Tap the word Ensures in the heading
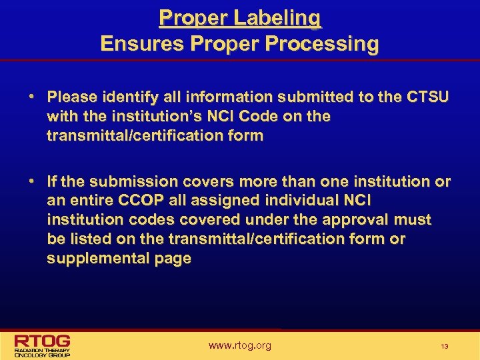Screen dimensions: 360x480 pos(141,45)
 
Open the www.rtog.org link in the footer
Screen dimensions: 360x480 pos(240,345)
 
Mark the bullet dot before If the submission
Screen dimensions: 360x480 pos(32,181)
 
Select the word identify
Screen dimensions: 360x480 pos(125,97)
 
